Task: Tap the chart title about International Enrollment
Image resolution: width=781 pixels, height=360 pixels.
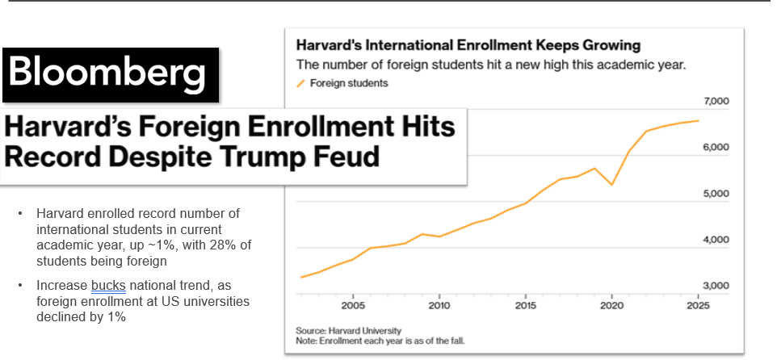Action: (x=468, y=45)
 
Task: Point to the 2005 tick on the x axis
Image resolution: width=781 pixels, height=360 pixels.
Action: (x=352, y=306)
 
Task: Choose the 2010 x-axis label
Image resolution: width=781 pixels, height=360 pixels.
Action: (x=439, y=306)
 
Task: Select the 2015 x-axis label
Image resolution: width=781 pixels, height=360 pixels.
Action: (x=526, y=306)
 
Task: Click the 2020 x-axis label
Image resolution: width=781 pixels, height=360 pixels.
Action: (x=612, y=306)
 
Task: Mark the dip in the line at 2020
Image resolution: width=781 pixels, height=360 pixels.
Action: (x=612, y=185)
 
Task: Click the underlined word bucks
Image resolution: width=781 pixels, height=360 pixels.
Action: (x=106, y=286)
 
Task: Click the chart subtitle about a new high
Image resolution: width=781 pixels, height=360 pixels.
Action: (x=490, y=65)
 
